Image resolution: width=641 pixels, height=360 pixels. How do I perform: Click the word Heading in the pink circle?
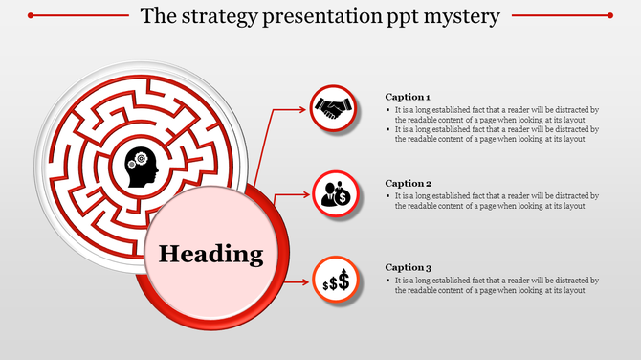[210, 255]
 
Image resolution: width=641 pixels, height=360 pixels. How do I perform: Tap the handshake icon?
[335, 109]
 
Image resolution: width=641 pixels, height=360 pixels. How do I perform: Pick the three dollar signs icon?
[336, 281]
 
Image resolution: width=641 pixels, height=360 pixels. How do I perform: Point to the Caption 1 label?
[408, 97]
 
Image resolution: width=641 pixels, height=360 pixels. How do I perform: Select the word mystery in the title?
[462, 16]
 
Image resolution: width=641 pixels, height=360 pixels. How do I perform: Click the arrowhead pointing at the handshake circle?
[306, 109]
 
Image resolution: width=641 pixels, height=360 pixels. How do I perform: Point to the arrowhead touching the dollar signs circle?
[307, 281]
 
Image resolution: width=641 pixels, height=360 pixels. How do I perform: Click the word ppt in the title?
[398, 17]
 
